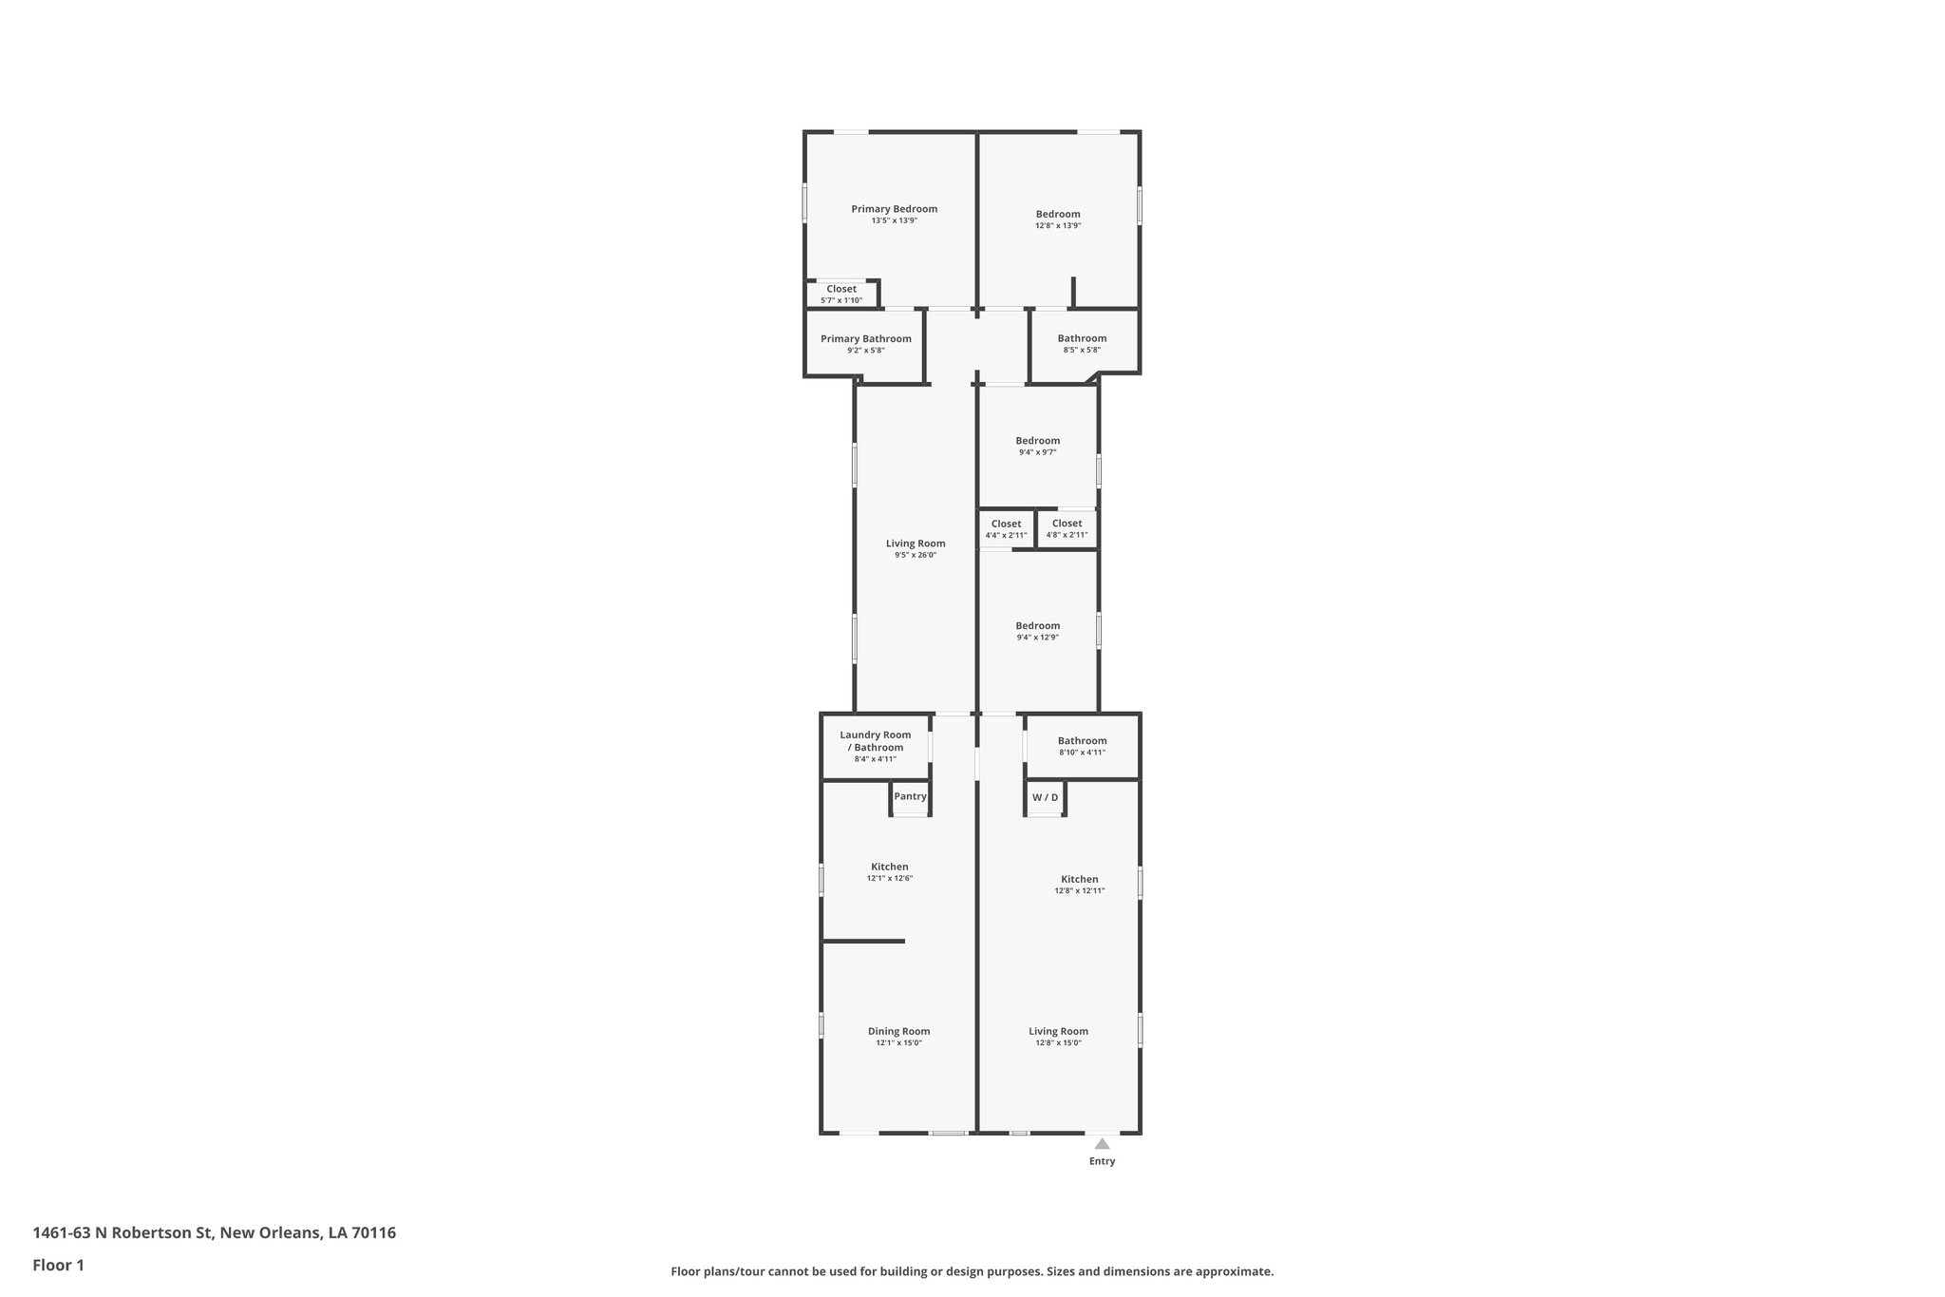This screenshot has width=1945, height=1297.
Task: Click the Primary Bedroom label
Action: coord(894,209)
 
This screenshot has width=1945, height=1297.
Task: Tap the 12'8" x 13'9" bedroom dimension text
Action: coord(1058,226)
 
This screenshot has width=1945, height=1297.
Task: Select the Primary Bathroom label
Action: coord(865,338)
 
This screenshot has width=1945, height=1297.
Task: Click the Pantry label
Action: coord(910,796)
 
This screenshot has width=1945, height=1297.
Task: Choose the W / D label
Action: coord(1045,797)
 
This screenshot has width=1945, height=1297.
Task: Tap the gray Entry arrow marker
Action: coord(1102,1144)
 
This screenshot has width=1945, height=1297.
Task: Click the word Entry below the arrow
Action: coord(1102,1161)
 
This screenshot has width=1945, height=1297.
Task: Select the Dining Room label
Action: coord(898,1031)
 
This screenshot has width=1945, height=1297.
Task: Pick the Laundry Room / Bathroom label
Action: coord(875,741)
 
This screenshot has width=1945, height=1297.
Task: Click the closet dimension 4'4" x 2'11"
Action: coord(1006,536)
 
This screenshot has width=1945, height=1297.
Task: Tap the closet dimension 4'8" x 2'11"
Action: coord(1067,535)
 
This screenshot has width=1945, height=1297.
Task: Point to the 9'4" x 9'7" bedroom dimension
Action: coord(1037,452)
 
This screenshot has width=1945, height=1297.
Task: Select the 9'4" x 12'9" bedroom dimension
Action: coord(1037,638)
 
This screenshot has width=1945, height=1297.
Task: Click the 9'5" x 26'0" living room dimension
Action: coord(915,555)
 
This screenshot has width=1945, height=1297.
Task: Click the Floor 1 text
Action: coord(58,1265)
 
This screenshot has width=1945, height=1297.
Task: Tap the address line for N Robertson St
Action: coord(214,1232)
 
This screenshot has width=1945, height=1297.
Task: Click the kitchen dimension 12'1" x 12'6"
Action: coord(889,879)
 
